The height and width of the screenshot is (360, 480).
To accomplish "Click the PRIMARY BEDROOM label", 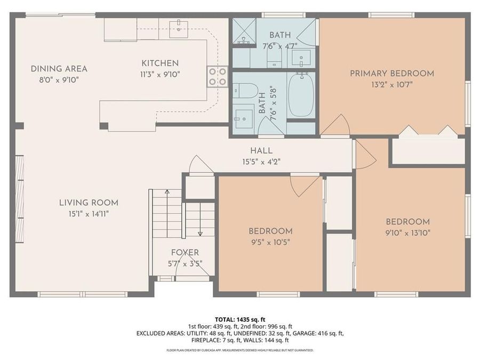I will pyautogui.click(x=391, y=74).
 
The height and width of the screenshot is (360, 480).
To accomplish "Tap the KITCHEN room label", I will pyautogui.click(x=160, y=63).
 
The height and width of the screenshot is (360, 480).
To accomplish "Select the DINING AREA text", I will pyautogui.click(x=59, y=69).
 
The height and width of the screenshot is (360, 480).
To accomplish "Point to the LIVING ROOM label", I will pyautogui.click(x=89, y=203).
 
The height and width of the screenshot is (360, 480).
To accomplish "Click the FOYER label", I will pyautogui.click(x=185, y=252).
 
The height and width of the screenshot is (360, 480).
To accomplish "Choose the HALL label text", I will pyautogui.click(x=261, y=150).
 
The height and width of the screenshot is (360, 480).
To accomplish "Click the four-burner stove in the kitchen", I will pyautogui.click(x=217, y=76).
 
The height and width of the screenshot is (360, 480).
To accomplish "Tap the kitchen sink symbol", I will pyautogui.click(x=178, y=29).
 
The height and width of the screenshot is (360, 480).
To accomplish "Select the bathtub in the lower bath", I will pyautogui.click(x=301, y=95).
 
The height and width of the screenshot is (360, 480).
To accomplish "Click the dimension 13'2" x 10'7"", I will pyautogui.click(x=391, y=84).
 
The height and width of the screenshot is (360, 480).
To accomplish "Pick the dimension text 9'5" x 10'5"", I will pyautogui.click(x=270, y=242).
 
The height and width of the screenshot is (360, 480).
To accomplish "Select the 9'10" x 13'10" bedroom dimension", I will pyautogui.click(x=407, y=233).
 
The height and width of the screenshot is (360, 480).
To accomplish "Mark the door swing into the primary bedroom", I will pyautogui.click(x=336, y=126).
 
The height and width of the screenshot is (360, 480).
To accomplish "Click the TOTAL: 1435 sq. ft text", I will pyautogui.click(x=240, y=319).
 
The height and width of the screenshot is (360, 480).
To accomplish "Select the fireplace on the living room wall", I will pyautogui.click(x=20, y=198).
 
